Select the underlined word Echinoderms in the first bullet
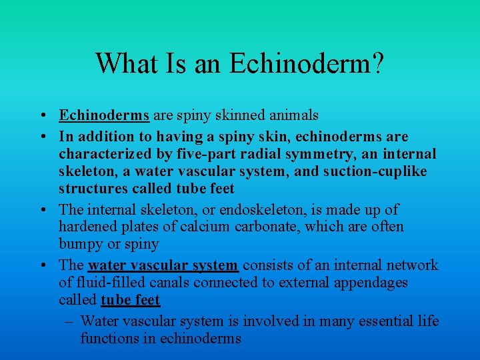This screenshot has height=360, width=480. tap(104, 115)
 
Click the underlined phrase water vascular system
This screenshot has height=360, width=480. tap(163, 265)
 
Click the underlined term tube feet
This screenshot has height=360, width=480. tap(130, 300)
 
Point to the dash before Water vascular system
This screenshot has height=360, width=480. tap(69, 321)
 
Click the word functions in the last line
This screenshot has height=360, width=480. tap(109, 339)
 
